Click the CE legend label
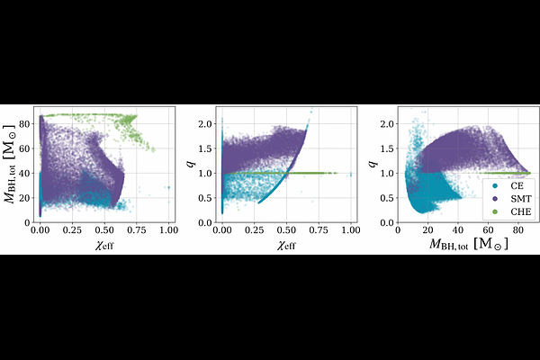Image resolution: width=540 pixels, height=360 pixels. click(517, 185)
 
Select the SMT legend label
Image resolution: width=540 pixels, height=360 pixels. click(521, 199)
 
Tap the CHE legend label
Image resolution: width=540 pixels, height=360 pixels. click(521, 211)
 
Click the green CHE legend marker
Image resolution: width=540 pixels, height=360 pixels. click(495, 211)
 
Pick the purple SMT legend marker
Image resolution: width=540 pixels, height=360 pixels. click(495, 199)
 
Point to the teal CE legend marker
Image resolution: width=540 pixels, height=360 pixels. click(495, 186)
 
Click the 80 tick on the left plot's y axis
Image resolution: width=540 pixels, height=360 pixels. click(25, 123)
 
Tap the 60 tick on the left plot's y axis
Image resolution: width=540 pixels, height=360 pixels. click(25, 148)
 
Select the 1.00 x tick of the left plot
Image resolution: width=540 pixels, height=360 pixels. click(169, 230)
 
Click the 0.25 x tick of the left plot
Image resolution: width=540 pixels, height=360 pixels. click(72, 230)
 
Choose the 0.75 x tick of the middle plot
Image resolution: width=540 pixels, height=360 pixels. click(319, 230)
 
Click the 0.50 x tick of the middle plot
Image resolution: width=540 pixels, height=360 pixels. click(286, 230)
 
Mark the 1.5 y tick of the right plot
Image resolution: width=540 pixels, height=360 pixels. click(387, 148)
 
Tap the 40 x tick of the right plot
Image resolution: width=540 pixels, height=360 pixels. click(458, 230)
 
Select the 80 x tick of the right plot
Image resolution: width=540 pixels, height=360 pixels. click(518, 230)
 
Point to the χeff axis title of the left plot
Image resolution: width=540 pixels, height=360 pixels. click(104, 246)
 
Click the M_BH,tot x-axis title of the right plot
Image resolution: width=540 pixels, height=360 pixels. click(468, 244)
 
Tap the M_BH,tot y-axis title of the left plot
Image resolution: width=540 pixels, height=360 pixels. click(10, 164)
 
